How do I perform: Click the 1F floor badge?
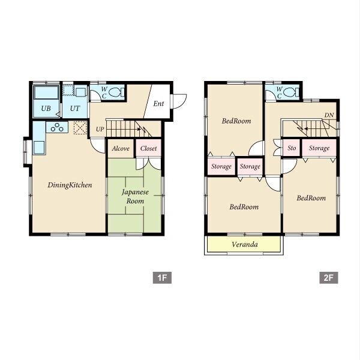pos(162,278)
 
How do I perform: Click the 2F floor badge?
pos(329,278)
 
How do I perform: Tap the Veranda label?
pos(245,244)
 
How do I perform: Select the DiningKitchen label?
pos(70,185)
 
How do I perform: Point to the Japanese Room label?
pos(135,197)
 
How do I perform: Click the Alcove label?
pos(121,149)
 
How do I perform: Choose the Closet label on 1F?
pos(149,149)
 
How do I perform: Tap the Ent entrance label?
pos(158,104)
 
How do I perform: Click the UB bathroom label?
pos(46,109)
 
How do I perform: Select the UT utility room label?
pos(75,109)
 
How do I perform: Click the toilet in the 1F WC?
pos(116,92)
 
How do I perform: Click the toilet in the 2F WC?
pos(292,92)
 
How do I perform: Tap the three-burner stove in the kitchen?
pos(57,127)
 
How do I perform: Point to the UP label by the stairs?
pos(100,129)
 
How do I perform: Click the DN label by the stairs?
pos(329,115)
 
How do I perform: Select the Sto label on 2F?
pos(292,148)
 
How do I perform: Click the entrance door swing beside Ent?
pos(179,101)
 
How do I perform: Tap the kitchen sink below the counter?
pos(39,148)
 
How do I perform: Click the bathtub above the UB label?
pos(46,92)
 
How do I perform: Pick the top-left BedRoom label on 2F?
pos(236,121)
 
